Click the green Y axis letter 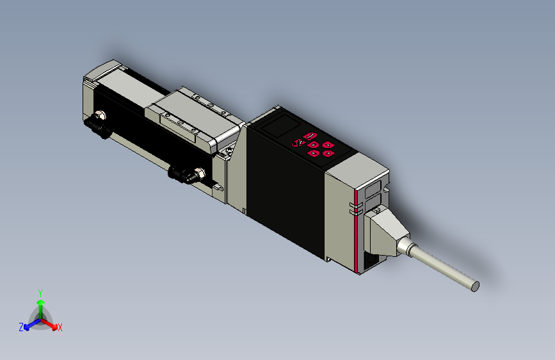point(40,291)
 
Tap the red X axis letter point(60,327)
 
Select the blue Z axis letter point(21,327)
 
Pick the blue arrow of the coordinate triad point(29,323)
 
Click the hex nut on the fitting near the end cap point(100,117)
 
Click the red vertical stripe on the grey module point(355,231)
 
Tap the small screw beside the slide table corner point(227,152)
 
